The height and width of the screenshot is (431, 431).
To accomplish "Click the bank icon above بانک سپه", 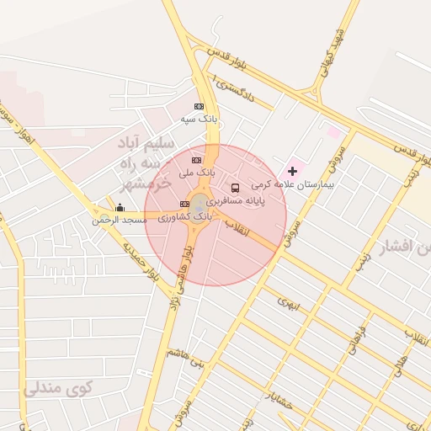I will (x=199, y=106).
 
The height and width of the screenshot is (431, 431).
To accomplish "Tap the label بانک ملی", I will (x=197, y=173).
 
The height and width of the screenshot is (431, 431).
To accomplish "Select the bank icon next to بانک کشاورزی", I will (x=184, y=204).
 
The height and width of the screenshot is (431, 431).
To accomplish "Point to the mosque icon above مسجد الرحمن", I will (x=120, y=207).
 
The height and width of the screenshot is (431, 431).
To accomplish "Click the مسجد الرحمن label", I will (x=120, y=220).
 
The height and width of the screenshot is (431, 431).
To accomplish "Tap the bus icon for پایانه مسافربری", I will (x=235, y=188).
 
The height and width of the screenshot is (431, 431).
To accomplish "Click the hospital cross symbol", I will (x=292, y=171).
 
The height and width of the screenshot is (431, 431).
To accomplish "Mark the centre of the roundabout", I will (x=200, y=205).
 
